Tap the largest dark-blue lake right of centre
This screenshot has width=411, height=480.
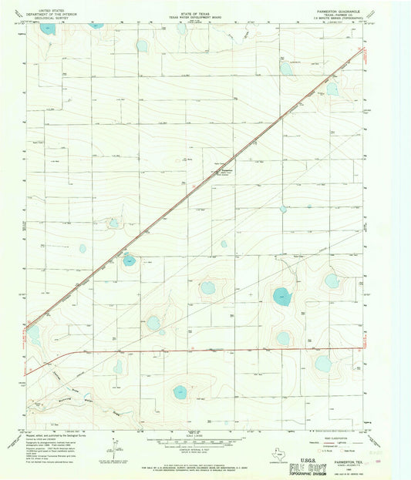click(282, 296)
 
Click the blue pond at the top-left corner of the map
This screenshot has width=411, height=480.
click(48, 29)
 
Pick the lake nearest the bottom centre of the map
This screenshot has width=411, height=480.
click(182, 392)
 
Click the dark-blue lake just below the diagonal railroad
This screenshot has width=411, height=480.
click(129, 260)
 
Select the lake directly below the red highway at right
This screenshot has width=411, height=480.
click(322, 363)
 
